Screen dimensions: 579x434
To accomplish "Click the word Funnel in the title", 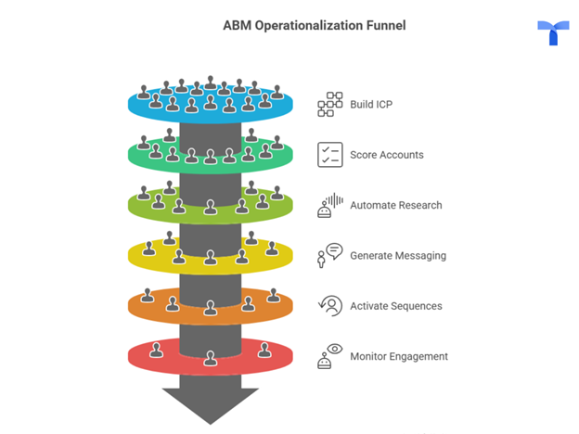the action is (x=386, y=25).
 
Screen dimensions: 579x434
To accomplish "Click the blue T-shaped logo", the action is (x=553, y=32).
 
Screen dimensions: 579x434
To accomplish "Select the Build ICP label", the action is (x=371, y=105).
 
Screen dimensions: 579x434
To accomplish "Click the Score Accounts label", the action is (x=387, y=155).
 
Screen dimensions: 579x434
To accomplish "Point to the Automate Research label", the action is (x=396, y=205).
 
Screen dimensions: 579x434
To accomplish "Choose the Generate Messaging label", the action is (x=398, y=256).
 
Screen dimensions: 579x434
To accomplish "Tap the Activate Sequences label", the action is (x=396, y=306).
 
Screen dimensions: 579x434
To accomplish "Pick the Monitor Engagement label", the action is (x=399, y=356).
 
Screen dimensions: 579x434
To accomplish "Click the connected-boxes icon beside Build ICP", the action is (x=330, y=105).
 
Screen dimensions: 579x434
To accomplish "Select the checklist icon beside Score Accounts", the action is (x=330, y=155).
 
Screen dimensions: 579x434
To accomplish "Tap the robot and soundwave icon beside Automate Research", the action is (x=330, y=205).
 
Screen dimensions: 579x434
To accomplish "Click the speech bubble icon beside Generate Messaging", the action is (x=335, y=251).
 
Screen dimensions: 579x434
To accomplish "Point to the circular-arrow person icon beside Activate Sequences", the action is (x=330, y=306).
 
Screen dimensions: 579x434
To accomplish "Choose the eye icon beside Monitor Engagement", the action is (x=335, y=349).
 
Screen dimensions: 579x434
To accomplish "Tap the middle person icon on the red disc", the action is (x=211, y=358).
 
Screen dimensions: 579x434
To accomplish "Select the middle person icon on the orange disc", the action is (x=211, y=308).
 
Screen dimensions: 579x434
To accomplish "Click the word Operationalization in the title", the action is (x=309, y=25).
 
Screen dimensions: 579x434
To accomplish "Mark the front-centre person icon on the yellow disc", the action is (x=211, y=257).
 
